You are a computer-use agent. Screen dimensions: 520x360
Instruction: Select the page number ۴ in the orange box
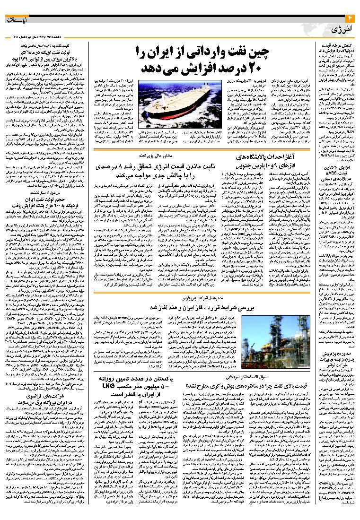click(351, 18)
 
